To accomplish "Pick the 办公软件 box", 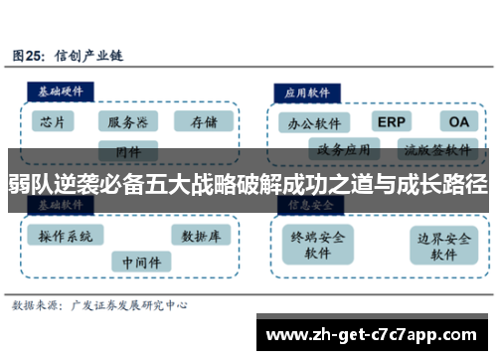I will click(x=313, y=124).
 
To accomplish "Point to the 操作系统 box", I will click(x=66, y=236).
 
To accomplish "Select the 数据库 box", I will click(x=202, y=236).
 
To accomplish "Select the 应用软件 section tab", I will click(x=309, y=90).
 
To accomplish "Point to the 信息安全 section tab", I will click(x=309, y=205).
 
